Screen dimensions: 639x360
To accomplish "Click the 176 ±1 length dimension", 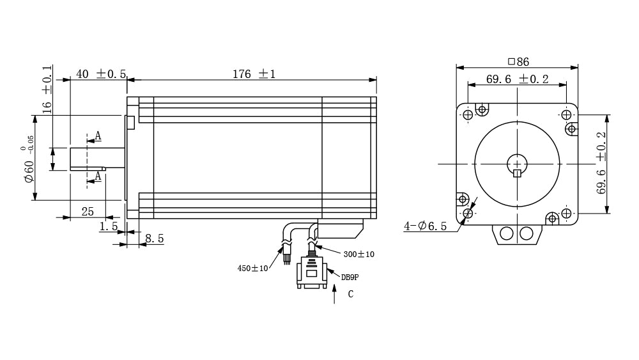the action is click(254, 74).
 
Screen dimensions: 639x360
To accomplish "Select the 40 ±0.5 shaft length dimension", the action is click(101, 74).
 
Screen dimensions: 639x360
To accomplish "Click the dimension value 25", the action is click(88, 211).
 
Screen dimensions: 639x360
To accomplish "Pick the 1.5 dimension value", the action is click(109, 226).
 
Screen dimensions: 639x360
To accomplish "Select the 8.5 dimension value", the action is click(155, 239).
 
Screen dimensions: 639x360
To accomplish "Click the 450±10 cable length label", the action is click(252, 269).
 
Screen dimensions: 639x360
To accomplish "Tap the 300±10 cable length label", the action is click(358, 254).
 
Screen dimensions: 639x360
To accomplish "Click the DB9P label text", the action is click(350, 278).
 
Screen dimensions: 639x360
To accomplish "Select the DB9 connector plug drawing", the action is click(312, 272).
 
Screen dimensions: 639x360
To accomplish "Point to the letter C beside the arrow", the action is click(350, 294).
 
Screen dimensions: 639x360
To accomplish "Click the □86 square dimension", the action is click(518, 61).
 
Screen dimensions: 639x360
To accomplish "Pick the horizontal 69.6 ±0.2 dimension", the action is click(517, 79).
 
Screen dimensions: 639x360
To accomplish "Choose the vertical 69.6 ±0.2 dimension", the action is click(601, 162).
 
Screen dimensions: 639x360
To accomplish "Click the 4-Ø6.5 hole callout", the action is click(425, 226).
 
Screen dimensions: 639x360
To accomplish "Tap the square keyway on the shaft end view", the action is click(517, 173).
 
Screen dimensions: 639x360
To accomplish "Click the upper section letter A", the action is click(98, 136).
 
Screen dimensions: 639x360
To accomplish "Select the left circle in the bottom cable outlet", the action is click(507, 233).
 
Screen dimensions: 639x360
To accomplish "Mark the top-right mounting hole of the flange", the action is click(566, 115).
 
